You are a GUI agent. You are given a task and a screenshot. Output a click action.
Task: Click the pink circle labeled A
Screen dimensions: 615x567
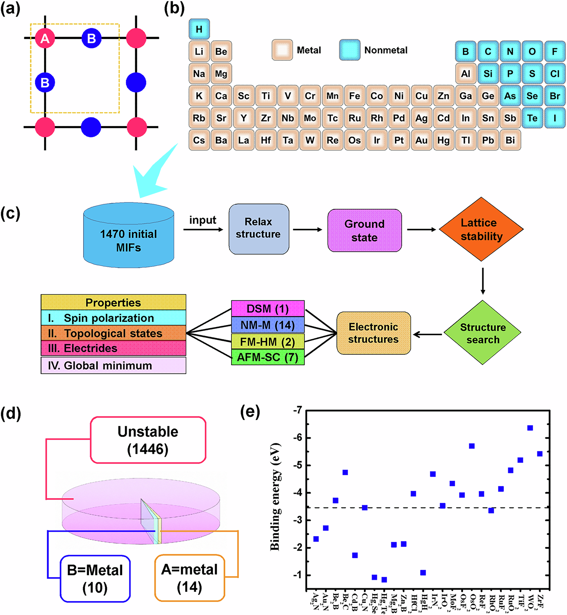45,38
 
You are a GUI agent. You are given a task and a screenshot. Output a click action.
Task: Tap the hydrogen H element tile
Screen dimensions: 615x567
199,29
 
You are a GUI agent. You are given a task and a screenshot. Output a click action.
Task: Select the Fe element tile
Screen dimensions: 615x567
354,96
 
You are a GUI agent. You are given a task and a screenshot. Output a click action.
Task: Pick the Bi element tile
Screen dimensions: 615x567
510,140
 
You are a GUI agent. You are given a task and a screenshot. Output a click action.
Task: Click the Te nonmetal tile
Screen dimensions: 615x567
532,118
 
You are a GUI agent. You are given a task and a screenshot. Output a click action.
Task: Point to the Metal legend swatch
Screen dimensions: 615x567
282,50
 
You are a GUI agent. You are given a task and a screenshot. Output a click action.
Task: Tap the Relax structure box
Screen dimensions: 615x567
259,229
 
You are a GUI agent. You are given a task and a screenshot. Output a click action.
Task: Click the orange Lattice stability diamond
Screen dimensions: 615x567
481,229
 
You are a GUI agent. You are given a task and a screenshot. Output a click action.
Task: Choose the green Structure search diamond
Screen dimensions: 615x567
482,333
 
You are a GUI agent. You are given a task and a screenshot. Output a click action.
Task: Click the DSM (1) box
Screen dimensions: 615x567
268,309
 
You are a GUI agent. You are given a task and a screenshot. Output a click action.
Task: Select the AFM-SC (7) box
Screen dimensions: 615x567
268,357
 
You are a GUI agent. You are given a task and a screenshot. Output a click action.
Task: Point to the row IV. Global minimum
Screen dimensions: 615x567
113,365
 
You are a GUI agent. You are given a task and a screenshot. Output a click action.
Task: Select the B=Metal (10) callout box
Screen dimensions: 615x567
95,578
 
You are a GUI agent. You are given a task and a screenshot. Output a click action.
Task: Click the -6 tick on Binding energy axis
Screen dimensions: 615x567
297,438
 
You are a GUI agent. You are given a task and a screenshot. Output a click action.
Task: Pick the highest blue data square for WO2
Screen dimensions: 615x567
530,428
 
